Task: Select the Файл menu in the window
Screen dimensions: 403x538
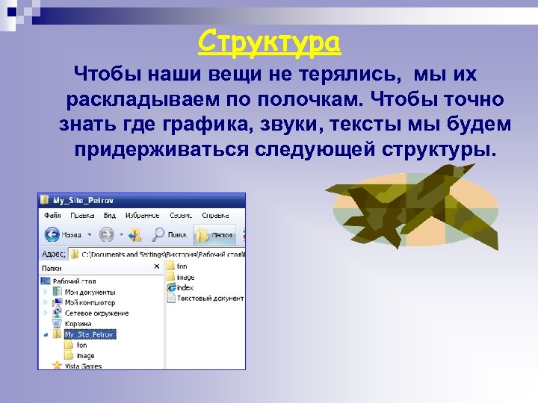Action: coord(52,215)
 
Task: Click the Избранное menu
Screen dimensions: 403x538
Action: coord(140,215)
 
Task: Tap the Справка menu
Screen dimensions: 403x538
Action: coord(217,215)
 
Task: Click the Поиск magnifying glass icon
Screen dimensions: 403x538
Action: coord(158,234)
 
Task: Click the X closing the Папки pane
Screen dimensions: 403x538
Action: coord(157,266)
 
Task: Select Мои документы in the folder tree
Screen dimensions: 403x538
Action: coord(90,292)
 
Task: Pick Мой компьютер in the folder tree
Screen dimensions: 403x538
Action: coord(90,302)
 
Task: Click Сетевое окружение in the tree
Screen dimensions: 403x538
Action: coord(96,313)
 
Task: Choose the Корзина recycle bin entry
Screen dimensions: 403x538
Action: coord(78,324)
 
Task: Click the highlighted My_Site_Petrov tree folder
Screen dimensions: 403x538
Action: coord(90,334)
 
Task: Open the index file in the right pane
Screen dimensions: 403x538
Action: coord(184,287)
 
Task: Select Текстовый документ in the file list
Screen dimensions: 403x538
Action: coord(209,298)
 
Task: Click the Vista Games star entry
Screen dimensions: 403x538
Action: coord(82,366)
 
